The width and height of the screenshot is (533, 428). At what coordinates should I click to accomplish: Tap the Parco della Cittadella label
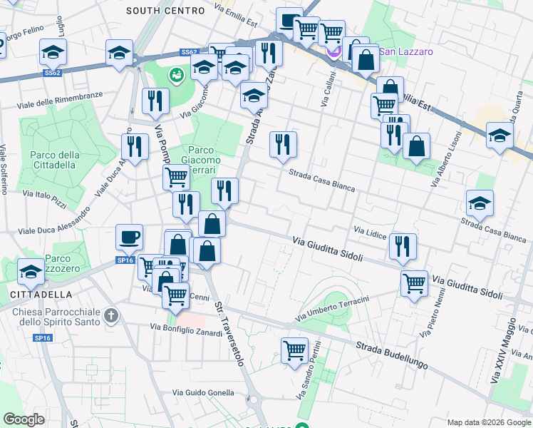click(54, 160)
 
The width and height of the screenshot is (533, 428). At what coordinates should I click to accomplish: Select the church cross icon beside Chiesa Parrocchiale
click(110, 315)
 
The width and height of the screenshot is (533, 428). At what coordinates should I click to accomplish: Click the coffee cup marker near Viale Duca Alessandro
click(129, 237)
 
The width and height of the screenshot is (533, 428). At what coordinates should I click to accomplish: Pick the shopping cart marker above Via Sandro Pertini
click(294, 351)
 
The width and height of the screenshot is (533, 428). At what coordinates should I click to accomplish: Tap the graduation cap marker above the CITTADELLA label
click(31, 271)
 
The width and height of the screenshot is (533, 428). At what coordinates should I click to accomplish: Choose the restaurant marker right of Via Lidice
click(403, 247)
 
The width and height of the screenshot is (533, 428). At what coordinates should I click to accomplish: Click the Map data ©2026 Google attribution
click(488, 422)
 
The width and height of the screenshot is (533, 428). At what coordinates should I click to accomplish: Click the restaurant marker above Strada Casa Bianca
click(283, 145)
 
